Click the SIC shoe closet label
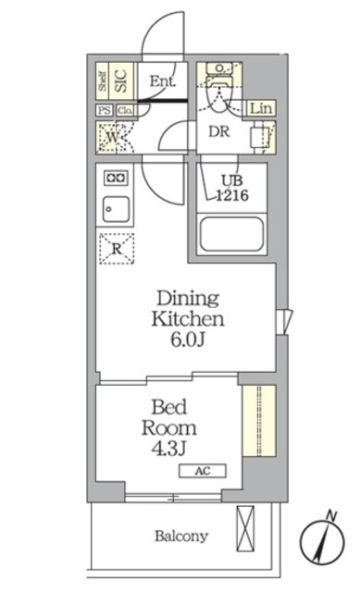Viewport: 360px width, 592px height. (x=121, y=80)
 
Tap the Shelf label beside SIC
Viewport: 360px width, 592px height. (x=103, y=81)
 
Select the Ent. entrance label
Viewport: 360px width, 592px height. (x=162, y=80)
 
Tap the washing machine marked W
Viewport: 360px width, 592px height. (x=114, y=137)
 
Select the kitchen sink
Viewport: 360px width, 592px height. (x=116, y=208)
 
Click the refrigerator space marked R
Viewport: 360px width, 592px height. (x=116, y=248)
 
